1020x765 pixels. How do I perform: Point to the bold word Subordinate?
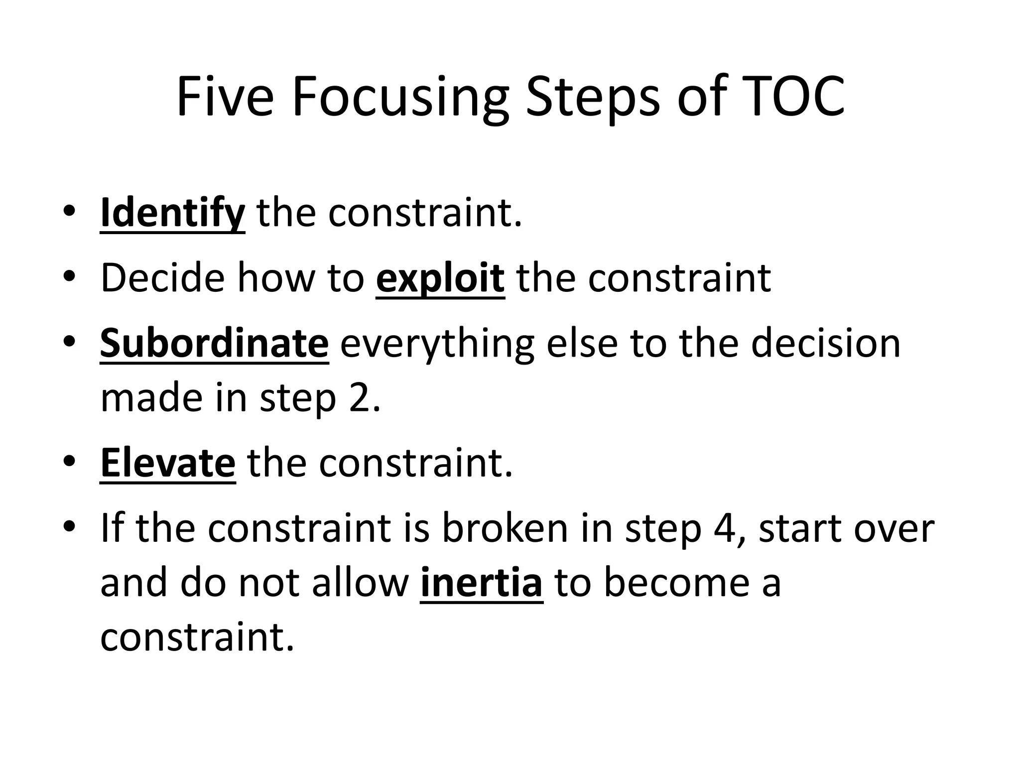pyautogui.click(x=214, y=343)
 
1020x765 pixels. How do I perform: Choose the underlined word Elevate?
pyautogui.click(x=168, y=463)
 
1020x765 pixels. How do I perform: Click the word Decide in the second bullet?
pyautogui.click(x=162, y=278)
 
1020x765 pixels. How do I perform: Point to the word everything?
pyautogui.click(x=437, y=345)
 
